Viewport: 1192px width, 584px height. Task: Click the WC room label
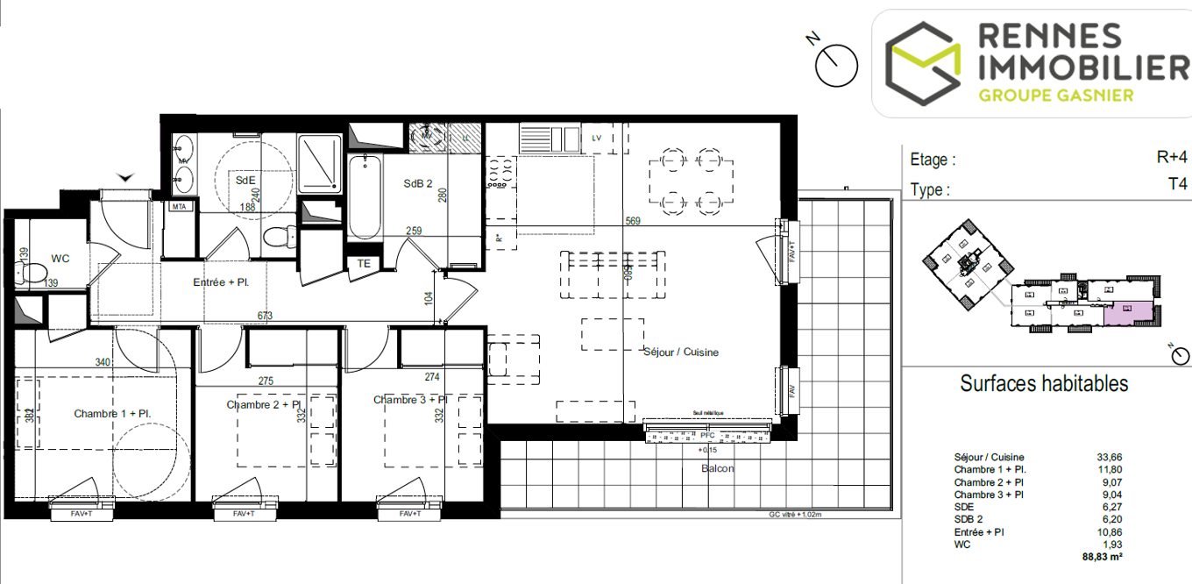tap(60, 259)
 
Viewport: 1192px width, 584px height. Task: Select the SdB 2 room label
tap(418, 184)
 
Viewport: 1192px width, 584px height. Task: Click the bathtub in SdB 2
tap(363, 197)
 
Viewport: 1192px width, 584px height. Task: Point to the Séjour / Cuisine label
tap(681, 352)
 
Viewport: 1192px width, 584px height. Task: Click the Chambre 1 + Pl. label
tap(113, 413)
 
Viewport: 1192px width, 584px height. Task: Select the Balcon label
tap(717, 468)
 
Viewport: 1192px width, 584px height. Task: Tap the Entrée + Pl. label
tap(221, 282)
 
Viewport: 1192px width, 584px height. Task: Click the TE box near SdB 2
tap(364, 263)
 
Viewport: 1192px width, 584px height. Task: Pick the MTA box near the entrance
tap(180, 207)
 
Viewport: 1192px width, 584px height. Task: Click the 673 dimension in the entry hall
tap(265, 315)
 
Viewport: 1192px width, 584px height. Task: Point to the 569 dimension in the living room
tap(633, 222)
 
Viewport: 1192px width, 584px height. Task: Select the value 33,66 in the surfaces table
tap(1109, 457)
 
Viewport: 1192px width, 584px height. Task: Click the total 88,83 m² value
tap(1103, 556)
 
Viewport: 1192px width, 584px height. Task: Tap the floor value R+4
tap(1171, 158)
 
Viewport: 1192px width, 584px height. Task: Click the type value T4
tap(1177, 185)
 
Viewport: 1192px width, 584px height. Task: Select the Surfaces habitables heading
tap(1044, 383)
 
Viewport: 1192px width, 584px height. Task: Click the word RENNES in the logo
tap(1049, 37)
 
